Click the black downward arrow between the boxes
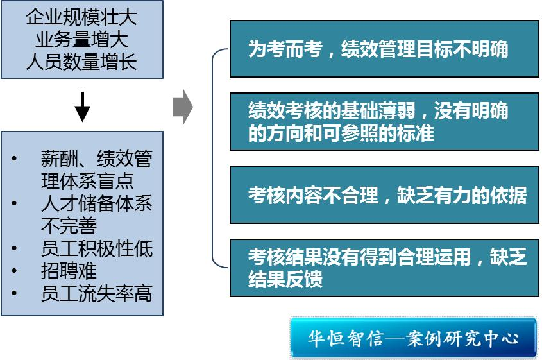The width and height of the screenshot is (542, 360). tap(82, 106)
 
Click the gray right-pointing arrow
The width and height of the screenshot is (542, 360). tap(182, 107)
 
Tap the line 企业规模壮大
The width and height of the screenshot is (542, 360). tap(81, 17)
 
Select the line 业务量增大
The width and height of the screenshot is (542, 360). tap(81, 40)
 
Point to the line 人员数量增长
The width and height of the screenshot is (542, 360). tap(81, 62)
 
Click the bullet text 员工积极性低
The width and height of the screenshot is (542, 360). tap(97, 248)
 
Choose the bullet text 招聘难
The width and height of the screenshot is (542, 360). tap(69, 271)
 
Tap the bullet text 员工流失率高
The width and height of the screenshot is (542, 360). tap(97, 293)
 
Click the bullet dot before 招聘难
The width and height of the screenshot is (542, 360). tap(15, 271)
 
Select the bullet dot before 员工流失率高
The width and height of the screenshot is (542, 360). tap(15, 293)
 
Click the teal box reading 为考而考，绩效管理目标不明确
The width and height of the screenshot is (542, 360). tap(384, 49)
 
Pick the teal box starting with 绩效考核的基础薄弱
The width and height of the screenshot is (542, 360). tap(384, 122)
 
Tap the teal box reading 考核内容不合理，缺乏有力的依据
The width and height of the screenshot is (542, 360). tap(384, 195)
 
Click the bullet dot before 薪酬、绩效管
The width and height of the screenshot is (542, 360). tap(15, 159)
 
